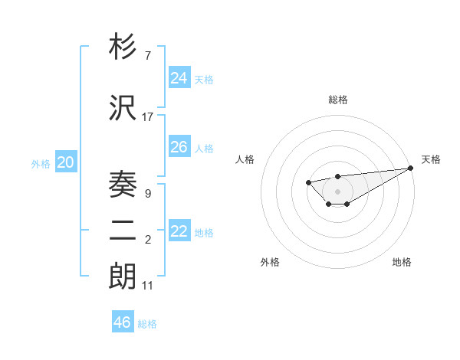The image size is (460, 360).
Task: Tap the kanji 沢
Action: click(x=123, y=109)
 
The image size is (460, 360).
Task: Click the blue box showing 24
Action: click(x=179, y=78)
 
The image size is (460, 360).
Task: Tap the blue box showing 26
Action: click(x=179, y=147)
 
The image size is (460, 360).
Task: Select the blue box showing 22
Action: click(x=179, y=232)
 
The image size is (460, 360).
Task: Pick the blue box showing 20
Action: click(x=66, y=162)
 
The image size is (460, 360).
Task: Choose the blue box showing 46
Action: click(x=122, y=322)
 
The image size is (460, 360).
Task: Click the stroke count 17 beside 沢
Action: click(x=147, y=117)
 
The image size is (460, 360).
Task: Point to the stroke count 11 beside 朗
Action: click(x=147, y=286)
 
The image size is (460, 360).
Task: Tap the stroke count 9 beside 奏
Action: click(x=147, y=194)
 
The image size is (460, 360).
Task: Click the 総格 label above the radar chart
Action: click(x=338, y=100)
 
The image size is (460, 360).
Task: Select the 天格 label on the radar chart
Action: click(x=431, y=159)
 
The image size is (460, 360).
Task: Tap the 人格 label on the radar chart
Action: click(x=245, y=159)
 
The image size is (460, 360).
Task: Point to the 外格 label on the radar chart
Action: click(x=270, y=263)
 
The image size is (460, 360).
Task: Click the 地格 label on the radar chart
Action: click(x=402, y=263)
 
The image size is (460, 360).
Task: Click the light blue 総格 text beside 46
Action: click(x=147, y=324)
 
